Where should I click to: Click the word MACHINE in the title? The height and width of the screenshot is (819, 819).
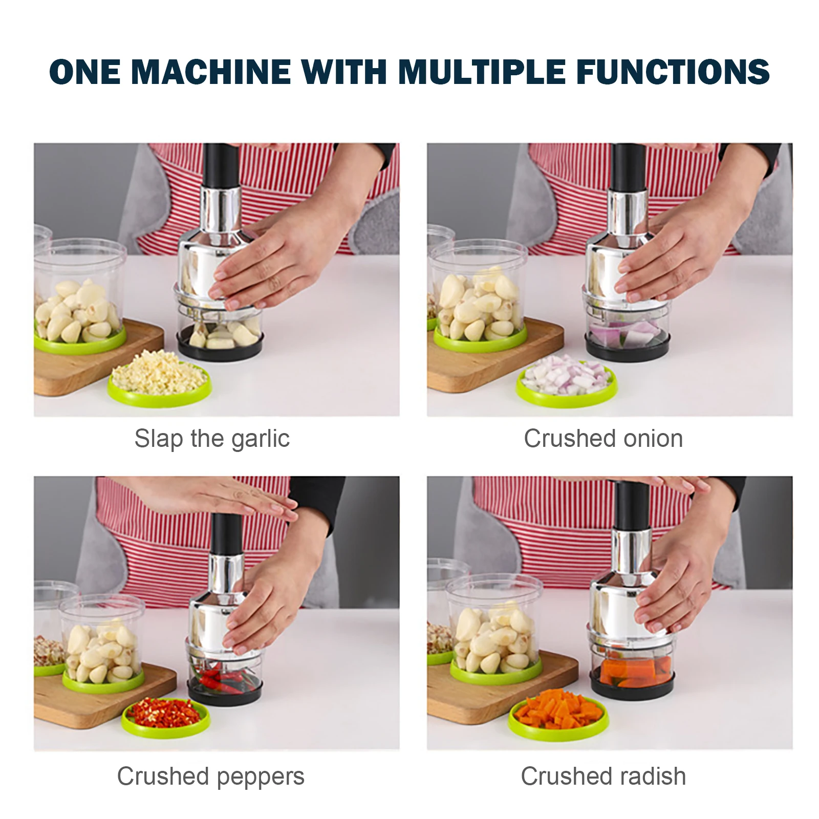click(x=210, y=72)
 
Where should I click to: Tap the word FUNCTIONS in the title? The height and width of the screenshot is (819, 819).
click(x=673, y=72)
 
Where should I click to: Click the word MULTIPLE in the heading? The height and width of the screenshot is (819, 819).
click(x=481, y=72)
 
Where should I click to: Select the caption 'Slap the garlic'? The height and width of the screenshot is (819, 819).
click(x=212, y=439)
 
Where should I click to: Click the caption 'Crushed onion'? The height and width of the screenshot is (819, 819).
click(x=603, y=439)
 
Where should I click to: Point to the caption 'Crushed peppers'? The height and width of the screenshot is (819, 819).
click(x=210, y=776)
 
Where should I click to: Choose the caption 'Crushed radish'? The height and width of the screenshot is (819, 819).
click(x=603, y=776)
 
